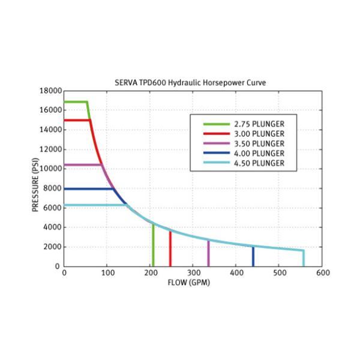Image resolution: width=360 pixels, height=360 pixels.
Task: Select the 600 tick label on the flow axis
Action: (322, 274)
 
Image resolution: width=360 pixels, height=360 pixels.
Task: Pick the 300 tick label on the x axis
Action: (193, 274)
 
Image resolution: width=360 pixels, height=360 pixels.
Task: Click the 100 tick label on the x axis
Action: (107, 274)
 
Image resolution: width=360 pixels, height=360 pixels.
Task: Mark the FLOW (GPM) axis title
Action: (190, 283)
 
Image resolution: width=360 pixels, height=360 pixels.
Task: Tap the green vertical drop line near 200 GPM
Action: (153, 246)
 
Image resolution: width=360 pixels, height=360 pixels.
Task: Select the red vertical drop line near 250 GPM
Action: (170, 249)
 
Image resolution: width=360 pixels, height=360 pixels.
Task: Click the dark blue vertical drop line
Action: (253, 257)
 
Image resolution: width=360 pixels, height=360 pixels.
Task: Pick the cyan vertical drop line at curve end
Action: (304, 259)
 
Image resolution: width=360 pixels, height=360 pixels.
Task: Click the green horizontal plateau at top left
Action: (75, 102)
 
